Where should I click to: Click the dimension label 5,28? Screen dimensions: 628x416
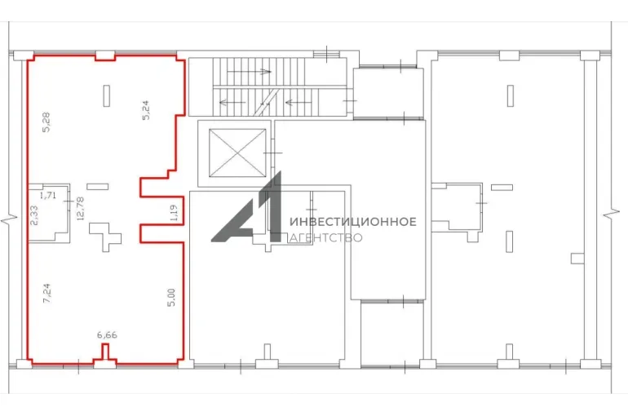coord(46,122)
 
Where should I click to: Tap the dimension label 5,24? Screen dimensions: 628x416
coord(146,110)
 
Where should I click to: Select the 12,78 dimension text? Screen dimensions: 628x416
coord(80,208)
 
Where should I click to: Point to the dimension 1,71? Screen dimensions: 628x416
coord(48,196)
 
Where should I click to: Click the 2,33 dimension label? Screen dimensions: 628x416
coord(34,215)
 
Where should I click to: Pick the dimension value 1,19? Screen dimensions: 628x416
coord(174,214)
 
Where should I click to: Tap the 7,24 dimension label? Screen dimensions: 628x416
coord(46,293)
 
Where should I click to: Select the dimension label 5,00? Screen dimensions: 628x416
coord(171,298)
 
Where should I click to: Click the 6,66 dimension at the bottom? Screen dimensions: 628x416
coord(107,334)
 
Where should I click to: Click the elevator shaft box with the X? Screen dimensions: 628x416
coord(237,153)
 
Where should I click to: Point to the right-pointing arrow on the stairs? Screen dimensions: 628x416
coord(249,72)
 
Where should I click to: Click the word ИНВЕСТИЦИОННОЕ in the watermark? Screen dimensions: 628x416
coord(353,222)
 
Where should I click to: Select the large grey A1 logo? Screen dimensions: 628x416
coord(246,207)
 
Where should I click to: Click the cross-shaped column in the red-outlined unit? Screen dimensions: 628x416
coord(105,237)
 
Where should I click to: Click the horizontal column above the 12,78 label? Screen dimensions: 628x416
coord(98,186)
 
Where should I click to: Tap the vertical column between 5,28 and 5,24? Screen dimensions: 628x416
coord(107,95)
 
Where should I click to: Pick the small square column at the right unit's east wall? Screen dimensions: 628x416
coord(577,259)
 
